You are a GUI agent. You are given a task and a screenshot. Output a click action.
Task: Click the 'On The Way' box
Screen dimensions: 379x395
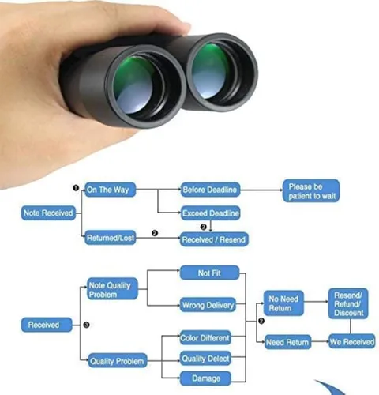pos(111,190)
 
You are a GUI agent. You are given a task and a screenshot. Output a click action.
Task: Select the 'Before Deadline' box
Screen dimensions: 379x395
pos(210,190)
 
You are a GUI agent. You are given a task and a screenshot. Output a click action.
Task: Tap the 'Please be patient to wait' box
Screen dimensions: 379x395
pos(311,191)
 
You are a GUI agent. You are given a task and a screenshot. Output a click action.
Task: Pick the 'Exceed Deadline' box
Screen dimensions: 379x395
pos(211,213)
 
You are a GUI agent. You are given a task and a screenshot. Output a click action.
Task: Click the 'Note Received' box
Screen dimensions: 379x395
pos(48,213)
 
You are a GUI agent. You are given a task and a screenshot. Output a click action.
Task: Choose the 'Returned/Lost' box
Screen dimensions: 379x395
pos(111,238)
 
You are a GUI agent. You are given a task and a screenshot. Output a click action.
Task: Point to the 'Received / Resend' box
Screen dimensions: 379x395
pos(214,239)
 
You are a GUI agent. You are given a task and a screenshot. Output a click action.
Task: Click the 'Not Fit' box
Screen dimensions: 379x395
pos(209,273)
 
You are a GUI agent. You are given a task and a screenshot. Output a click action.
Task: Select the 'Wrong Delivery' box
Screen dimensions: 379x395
pos(208,305)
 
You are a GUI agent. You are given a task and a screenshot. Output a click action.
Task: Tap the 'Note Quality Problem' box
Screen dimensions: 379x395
pos(112,288)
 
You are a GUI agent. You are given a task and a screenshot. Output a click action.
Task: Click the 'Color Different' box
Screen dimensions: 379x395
pos(205,337)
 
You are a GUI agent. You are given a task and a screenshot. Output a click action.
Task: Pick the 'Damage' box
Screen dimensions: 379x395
pos(205,378)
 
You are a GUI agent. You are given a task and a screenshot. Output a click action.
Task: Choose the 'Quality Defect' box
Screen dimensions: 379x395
pos(205,358)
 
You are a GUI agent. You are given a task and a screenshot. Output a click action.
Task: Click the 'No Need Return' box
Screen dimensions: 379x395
pos(283,303)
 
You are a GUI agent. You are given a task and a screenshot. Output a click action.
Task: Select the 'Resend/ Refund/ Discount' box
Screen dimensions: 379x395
pos(348,303)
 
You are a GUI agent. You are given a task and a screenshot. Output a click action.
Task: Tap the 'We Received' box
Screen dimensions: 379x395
pos(352,341)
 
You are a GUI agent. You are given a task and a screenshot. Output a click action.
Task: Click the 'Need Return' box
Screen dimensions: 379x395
pos(287,342)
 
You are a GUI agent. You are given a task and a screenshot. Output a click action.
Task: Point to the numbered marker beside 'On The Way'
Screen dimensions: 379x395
pos(76,188)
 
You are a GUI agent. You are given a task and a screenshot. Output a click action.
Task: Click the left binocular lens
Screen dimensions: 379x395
pos(137,85)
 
